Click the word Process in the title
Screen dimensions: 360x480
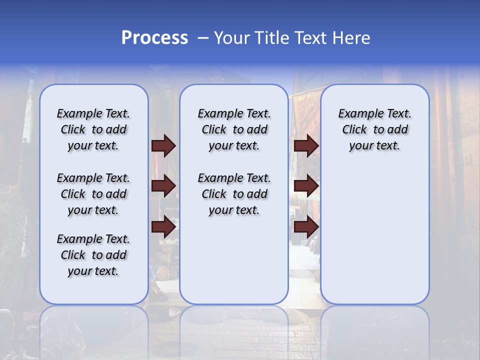pos(154,38)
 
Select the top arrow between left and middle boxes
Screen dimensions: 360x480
pos(163,145)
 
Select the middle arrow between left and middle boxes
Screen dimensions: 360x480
pos(163,186)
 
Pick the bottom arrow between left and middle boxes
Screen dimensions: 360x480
pos(163,227)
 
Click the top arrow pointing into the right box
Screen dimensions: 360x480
pos(306,145)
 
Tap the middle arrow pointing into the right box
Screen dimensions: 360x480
pos(306,186)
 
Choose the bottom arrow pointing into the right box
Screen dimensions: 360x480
pos(306,227)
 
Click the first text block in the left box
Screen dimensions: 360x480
pos(93,129)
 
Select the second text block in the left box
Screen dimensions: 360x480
pos(93,194)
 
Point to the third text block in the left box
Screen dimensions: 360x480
pos(93,255)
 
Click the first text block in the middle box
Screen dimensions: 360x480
pos(234,129)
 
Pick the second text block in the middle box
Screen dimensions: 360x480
pos(234,194)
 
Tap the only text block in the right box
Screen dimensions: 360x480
pos(374,129)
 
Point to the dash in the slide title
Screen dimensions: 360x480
pos(203,38)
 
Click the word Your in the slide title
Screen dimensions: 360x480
pos(232,38)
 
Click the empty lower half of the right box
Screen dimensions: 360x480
pos(374,240)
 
